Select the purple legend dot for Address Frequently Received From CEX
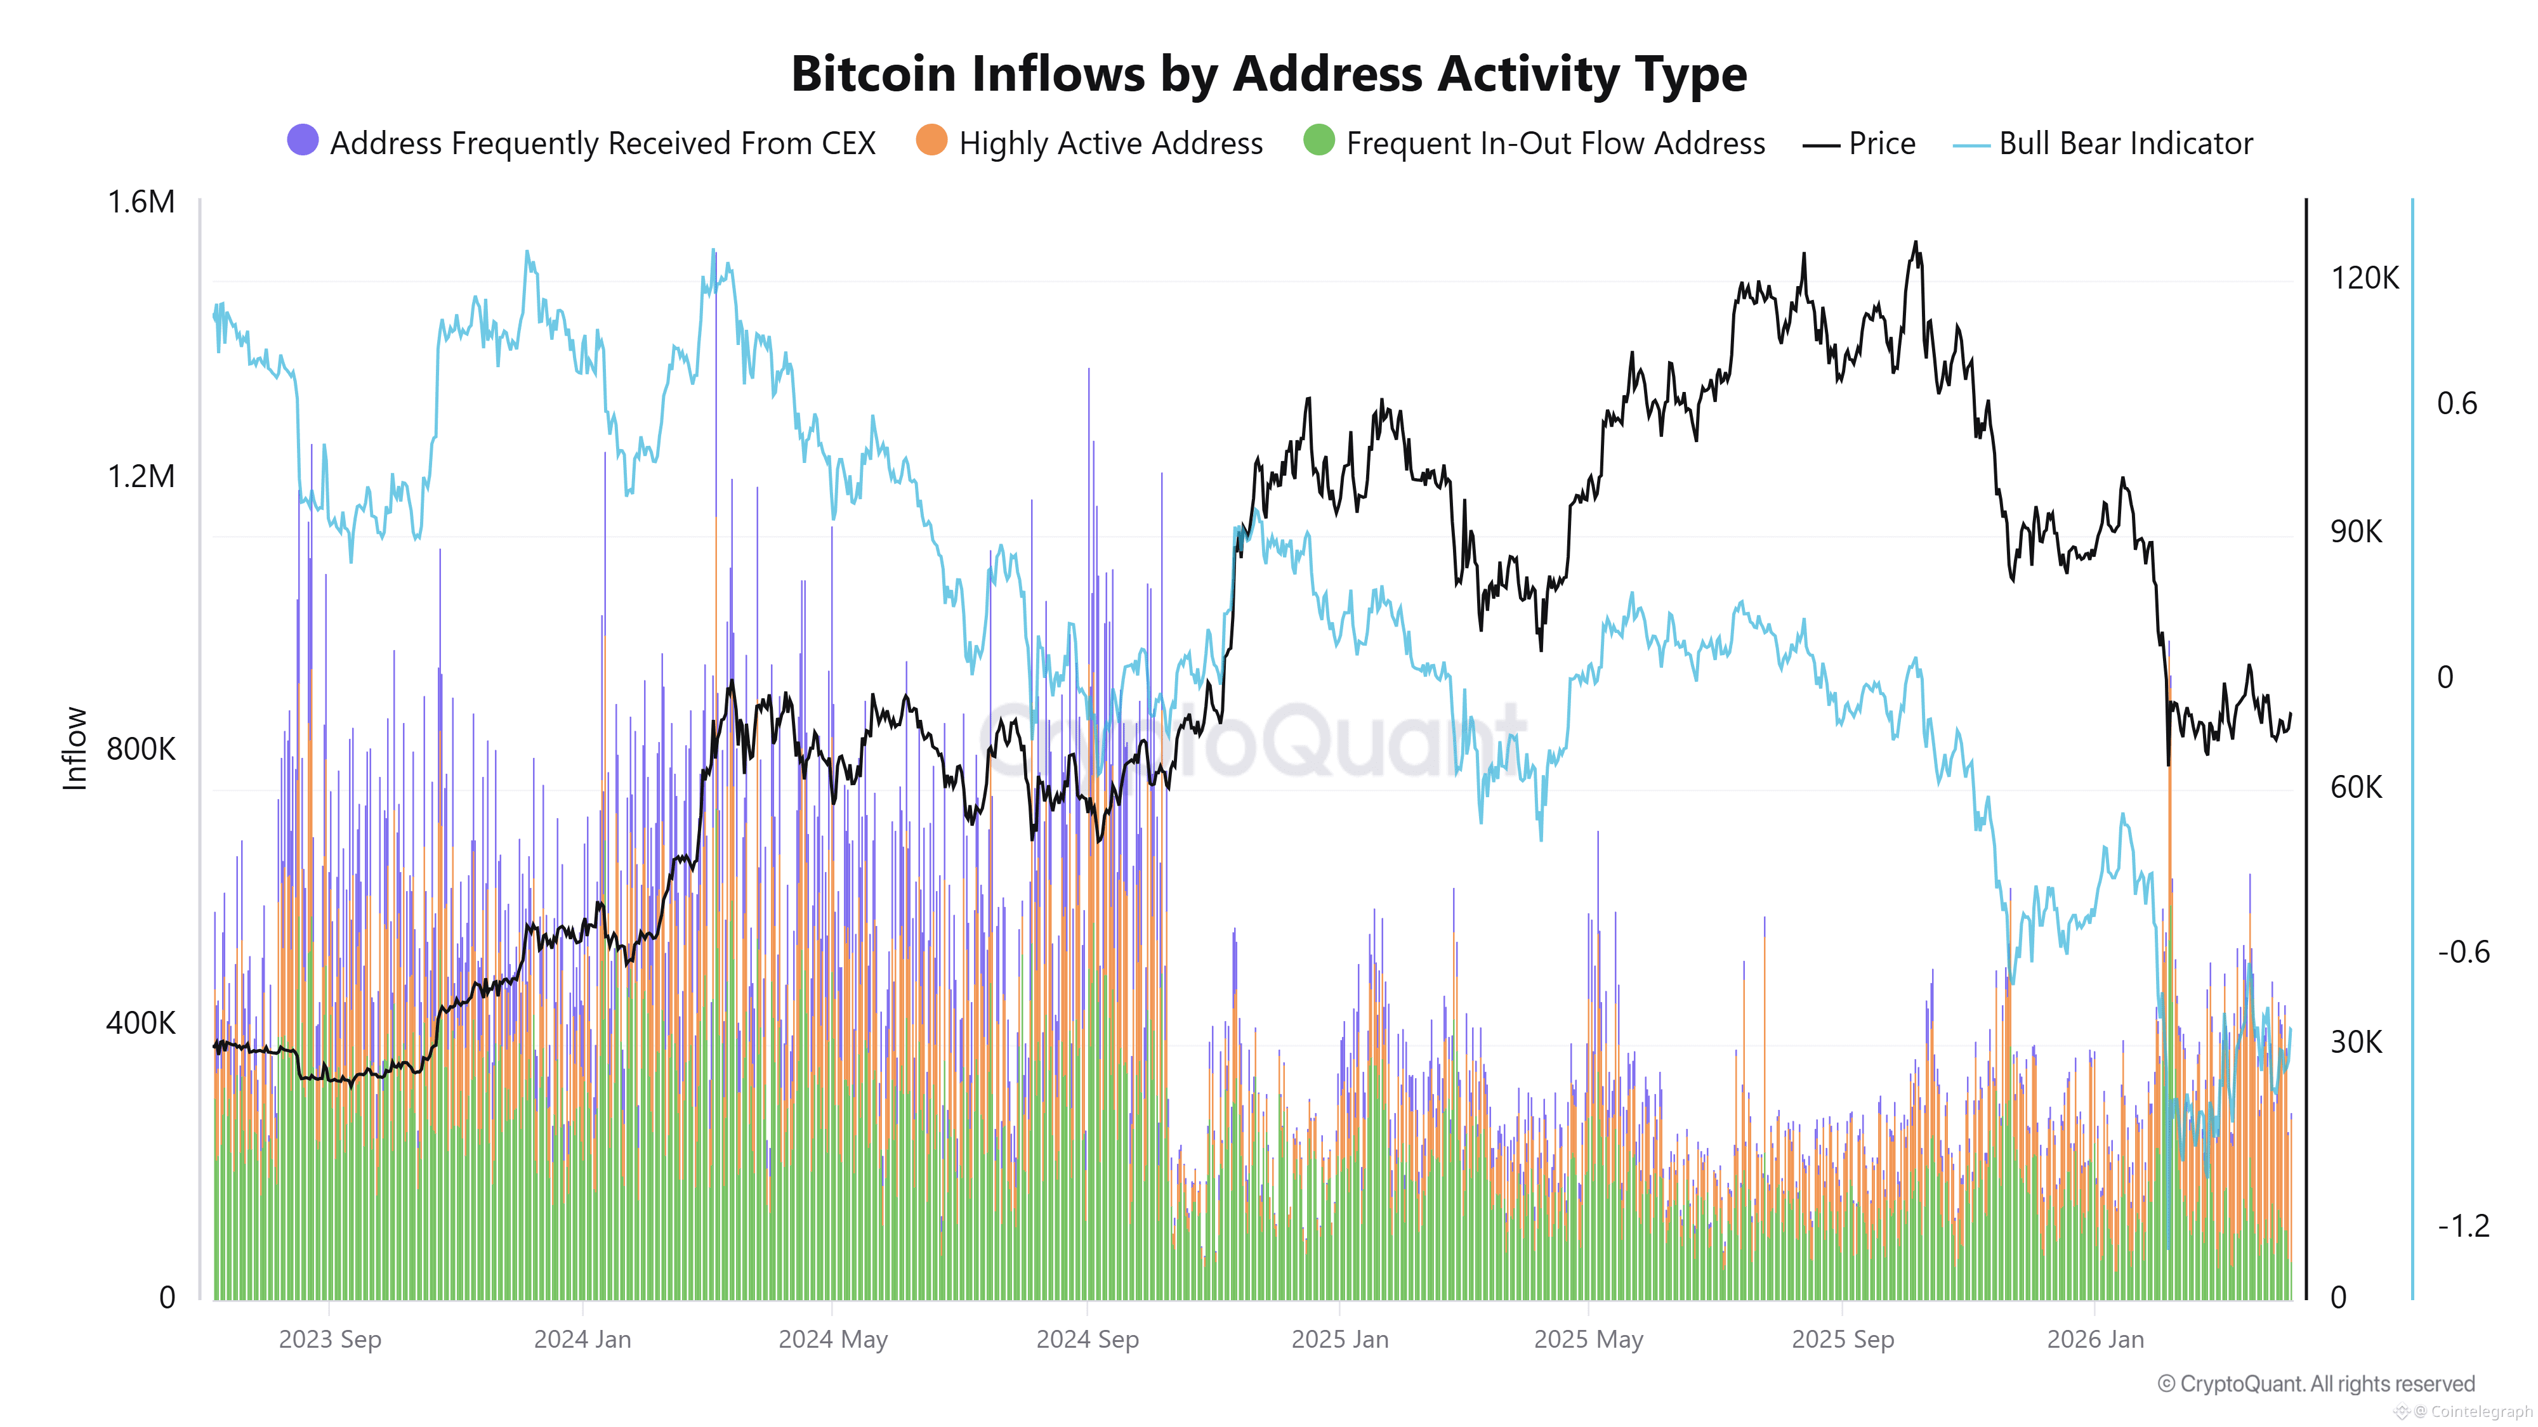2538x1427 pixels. (x=303, y=141)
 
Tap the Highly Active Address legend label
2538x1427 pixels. (x=1110, y=144)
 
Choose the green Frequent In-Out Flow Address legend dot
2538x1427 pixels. (x=1318, y=141)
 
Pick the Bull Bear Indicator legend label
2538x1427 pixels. (x=2125, y=144)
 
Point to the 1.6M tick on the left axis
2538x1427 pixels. (x=141, y=202)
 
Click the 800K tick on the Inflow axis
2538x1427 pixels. (x=141, y=750)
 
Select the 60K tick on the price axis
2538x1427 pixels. (x=2356, y=787)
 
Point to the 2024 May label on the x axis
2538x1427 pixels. (x=832, y=1339)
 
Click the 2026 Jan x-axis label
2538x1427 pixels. (x=2094, y=1339)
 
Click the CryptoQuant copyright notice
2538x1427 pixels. (x=2315, y=1384)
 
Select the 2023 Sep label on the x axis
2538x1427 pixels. (x=329, y=1339)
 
